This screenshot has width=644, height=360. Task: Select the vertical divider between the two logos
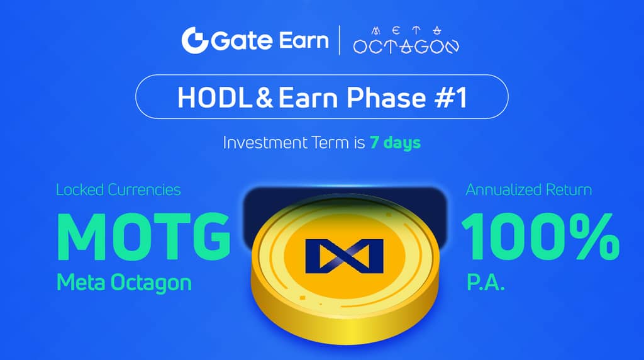[340, 40]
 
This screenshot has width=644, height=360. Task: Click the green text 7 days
[394, 143]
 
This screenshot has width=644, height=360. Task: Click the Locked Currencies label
[118, 189]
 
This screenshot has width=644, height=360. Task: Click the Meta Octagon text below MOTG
[124, 283]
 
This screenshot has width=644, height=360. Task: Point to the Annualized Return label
[528, 189]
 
